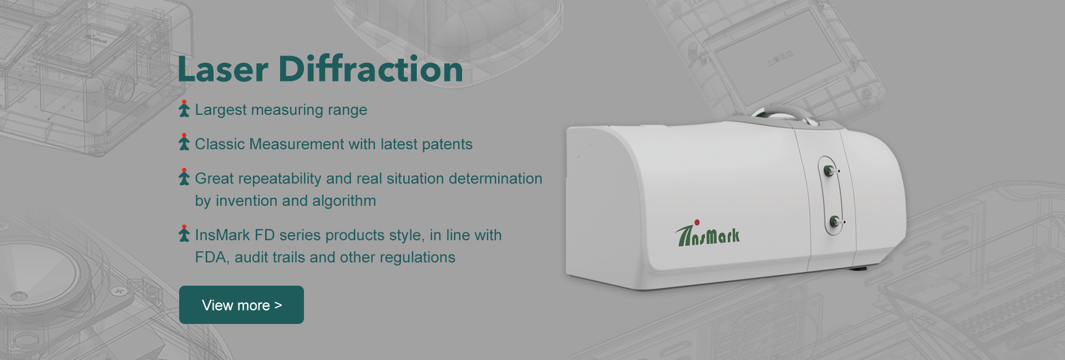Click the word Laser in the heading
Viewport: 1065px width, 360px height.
[223, 69]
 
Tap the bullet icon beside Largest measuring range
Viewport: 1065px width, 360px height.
[184, 109]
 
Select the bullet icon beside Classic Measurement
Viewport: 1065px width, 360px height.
[184, 142]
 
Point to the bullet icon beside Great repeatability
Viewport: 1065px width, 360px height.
[184, 177]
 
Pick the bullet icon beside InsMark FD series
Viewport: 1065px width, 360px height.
[184, 234]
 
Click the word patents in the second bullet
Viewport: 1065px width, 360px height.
[447, 145]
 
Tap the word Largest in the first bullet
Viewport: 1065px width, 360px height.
[221, 110]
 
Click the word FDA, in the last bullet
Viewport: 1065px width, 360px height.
[212, 258]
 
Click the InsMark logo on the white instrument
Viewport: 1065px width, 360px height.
[708, 234]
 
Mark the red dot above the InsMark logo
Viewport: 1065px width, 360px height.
[697, 222]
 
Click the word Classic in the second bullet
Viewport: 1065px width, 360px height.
[220, 144]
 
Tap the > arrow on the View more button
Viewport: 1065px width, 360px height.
[278, 305]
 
